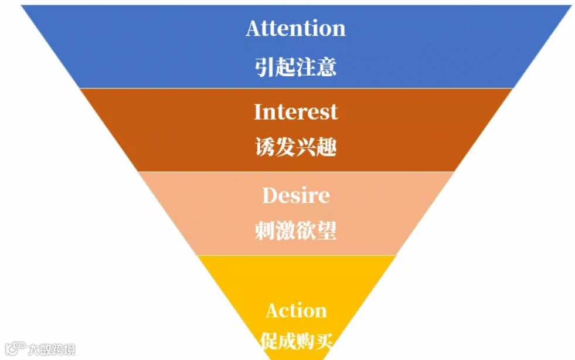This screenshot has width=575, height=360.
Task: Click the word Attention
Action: (295, 28)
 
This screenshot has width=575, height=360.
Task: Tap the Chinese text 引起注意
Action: (295, 67)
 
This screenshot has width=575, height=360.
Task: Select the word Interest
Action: (295, 111)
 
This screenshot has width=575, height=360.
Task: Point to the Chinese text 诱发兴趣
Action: (295, 147)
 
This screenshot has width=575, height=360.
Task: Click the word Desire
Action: (295, 195)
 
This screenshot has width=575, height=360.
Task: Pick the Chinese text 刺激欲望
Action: (295, 230)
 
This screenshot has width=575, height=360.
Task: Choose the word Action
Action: (295, 311)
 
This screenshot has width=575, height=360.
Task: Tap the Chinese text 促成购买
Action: (295, 341)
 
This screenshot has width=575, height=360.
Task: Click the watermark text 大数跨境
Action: (52, 350)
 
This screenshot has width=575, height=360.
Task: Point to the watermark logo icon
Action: (15, 349)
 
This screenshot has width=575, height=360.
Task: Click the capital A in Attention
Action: (253, 28)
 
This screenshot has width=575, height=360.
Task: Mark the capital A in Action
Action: (273, 311)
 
